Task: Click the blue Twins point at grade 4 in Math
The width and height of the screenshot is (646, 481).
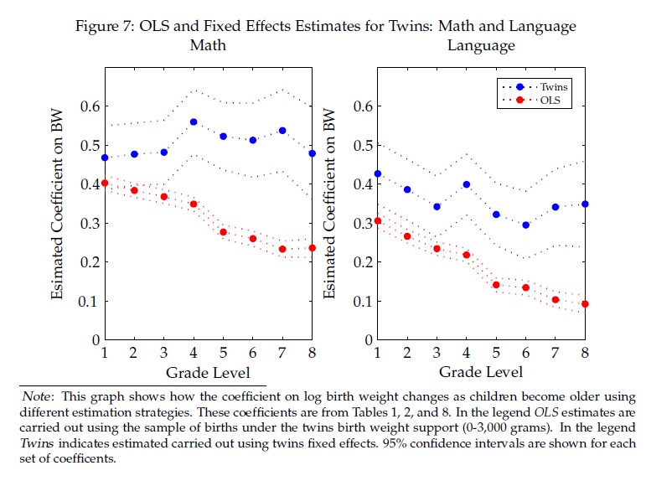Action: (194, 122)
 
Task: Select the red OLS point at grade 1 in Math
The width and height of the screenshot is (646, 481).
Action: (105, 183)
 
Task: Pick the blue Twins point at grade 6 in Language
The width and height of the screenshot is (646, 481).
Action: (525, 225)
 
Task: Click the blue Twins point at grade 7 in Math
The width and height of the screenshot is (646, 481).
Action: (282, 131)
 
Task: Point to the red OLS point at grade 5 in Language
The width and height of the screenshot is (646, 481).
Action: (496, 285)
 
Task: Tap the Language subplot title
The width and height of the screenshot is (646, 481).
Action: (482, 45)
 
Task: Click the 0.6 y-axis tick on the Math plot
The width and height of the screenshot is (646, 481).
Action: (90, 106)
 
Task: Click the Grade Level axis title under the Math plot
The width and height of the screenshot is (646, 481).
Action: (208, 371)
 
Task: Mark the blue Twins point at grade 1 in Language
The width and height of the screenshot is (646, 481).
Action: (378, 173)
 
